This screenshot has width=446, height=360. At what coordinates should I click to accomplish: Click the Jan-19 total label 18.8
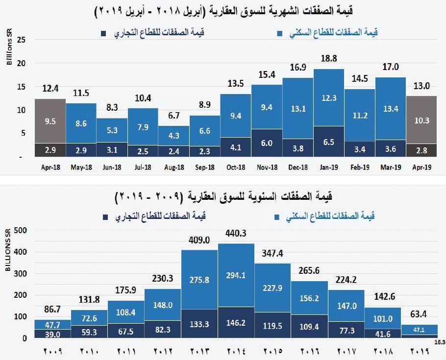pos(328,58)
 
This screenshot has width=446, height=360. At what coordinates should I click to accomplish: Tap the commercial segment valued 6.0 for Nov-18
pos(267,143)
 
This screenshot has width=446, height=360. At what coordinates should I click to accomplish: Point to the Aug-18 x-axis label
pos(174,168)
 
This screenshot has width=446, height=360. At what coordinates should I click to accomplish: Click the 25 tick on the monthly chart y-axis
pos(21,40)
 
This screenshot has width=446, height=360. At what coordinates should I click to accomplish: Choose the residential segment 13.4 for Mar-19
pos(391,109)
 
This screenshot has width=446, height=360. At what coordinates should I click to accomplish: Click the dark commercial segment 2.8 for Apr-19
pos(421,150)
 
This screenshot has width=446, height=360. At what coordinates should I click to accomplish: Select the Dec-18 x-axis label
pos(297,168)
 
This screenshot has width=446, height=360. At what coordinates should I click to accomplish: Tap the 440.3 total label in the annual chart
pos(236,234)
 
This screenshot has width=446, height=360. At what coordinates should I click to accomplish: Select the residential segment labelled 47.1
pos(420,330)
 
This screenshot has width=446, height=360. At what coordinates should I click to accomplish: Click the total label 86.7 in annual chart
pos(52,310)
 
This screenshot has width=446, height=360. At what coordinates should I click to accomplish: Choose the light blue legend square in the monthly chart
pos(279,34)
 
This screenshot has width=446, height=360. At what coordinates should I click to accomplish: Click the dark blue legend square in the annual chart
pos(105,216)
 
